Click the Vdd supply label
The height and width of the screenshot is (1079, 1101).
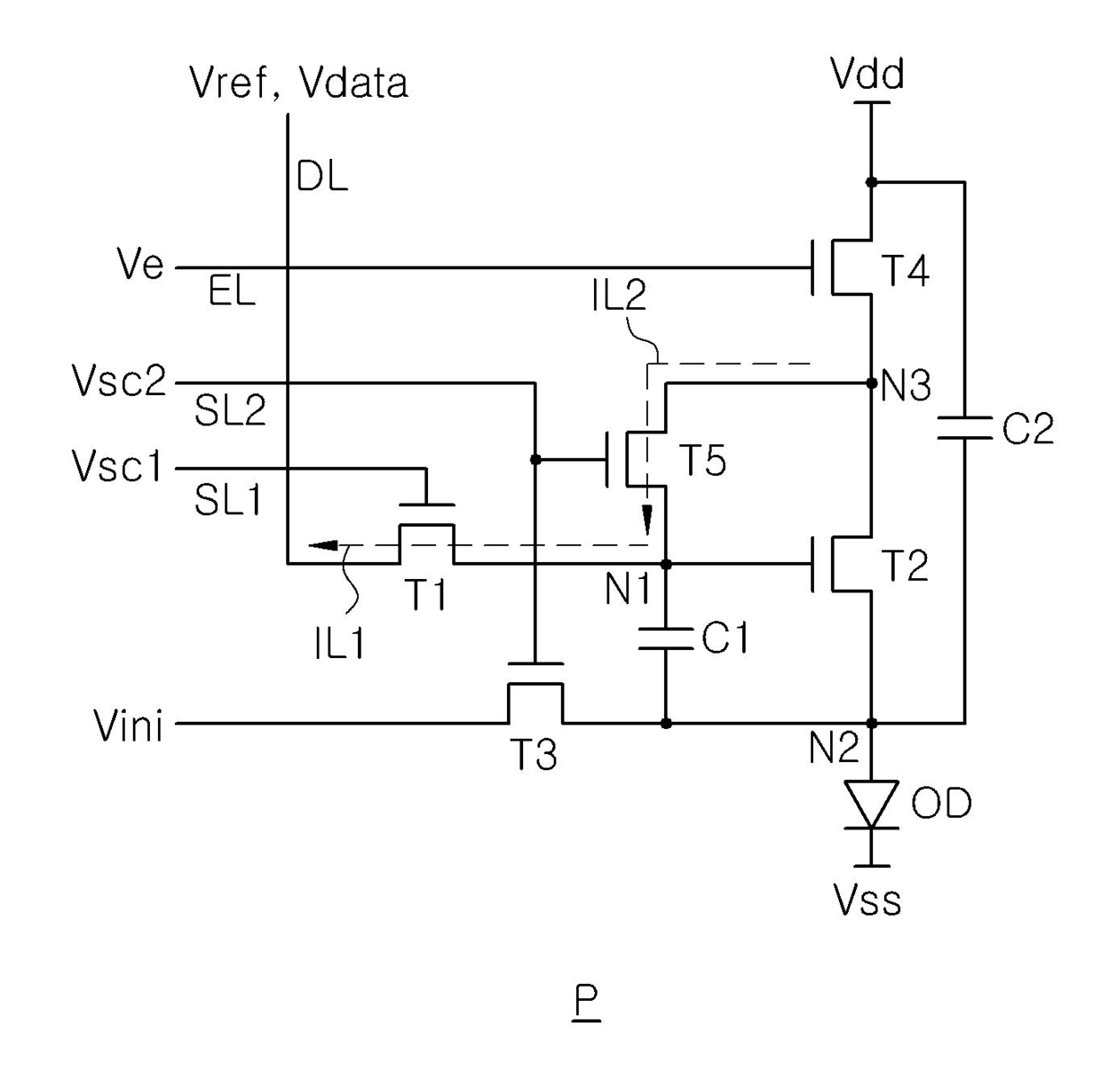point(867,75)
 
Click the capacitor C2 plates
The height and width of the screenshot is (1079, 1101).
point(965,428)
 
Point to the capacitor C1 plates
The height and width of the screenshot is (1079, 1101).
point(666,639)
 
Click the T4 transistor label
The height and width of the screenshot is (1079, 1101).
point(907,271)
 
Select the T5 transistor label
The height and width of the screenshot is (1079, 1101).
point(702,460)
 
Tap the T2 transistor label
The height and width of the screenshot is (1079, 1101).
point(906,565)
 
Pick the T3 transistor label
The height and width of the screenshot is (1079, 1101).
point(535,754)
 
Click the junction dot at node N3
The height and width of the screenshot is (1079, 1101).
point(871,383)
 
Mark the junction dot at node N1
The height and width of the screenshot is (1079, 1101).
point(666,565)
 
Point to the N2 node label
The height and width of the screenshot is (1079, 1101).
point(834,748)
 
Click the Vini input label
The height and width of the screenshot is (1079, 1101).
point(128,726)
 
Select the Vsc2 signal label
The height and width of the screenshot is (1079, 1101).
point(119,381)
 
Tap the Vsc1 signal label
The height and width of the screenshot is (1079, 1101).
point(116,467)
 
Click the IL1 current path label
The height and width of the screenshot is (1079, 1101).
point(340,644)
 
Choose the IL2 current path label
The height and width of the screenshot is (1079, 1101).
point(620,295)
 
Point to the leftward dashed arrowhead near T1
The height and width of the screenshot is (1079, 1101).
point(323,545)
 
